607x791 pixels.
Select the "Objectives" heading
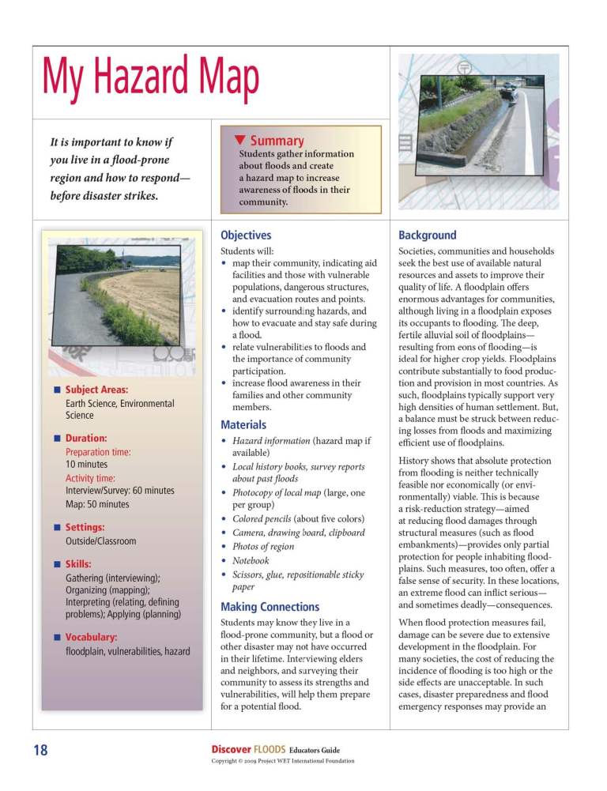click(246, 235)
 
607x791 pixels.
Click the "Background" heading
click(428, 235)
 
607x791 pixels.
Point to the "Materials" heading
click(243, 424)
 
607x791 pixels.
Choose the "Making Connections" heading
click(270, 607)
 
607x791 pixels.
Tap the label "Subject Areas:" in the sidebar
click(96, 390)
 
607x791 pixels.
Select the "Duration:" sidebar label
click(86, 438)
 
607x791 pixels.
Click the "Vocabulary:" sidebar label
click(92, 636)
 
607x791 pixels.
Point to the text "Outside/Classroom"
click(101, 541)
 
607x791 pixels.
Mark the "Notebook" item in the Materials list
click(251, 560)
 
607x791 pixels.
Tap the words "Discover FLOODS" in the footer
click(247, 749)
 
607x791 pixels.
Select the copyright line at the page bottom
click(283, 761)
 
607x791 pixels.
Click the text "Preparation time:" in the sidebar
click(98, 452)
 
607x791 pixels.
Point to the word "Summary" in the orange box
click(277, 140)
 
